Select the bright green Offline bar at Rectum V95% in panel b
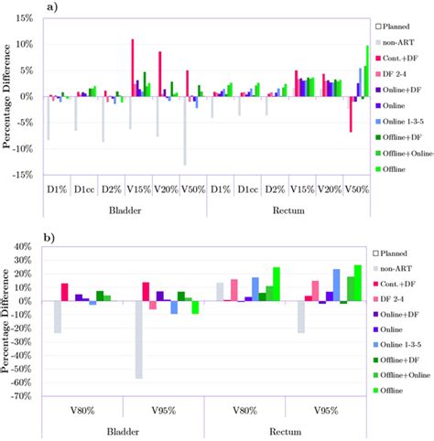[x=358, y=283]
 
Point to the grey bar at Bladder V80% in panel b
[x=58, y=317]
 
